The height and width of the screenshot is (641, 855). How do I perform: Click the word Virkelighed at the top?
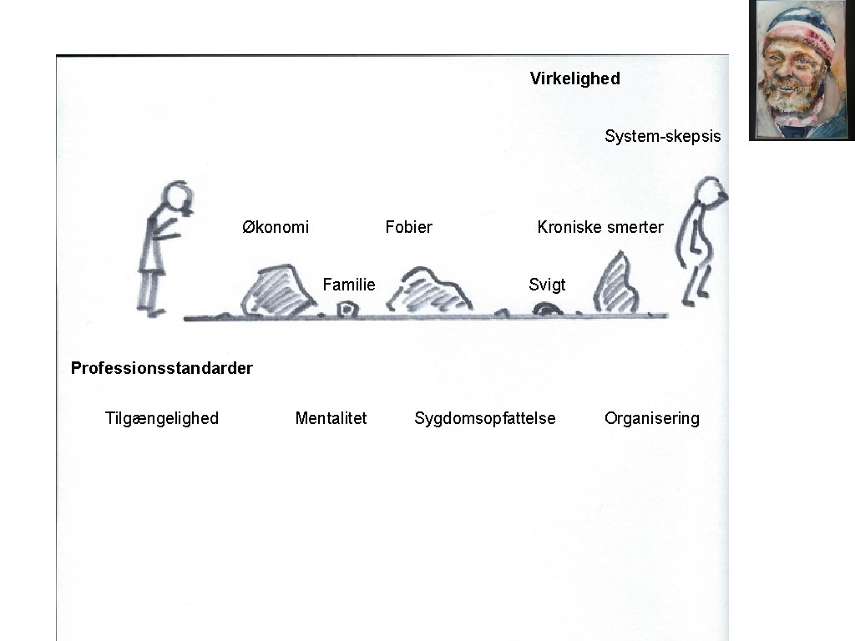574,78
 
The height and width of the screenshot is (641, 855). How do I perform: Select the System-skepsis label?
662,136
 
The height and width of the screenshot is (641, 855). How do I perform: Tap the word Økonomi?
276,227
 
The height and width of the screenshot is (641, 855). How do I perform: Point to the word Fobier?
408,227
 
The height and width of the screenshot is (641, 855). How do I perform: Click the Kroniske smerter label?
600,227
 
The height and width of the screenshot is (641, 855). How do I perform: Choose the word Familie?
349,285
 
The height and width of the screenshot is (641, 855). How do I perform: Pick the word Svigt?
547,285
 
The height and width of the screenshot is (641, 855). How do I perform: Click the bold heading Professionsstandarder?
162,368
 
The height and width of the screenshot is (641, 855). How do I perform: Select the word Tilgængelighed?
162,418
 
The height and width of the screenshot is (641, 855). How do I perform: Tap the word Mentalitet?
331,418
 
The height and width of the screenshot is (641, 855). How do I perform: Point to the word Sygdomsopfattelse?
484,418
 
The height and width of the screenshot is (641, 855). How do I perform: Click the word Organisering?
651,418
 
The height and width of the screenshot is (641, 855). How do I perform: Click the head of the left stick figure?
176,198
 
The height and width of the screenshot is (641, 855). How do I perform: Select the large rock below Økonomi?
273,291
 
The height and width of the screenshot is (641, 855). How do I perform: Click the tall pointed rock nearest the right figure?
616,285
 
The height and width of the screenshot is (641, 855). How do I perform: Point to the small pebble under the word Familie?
346,310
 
